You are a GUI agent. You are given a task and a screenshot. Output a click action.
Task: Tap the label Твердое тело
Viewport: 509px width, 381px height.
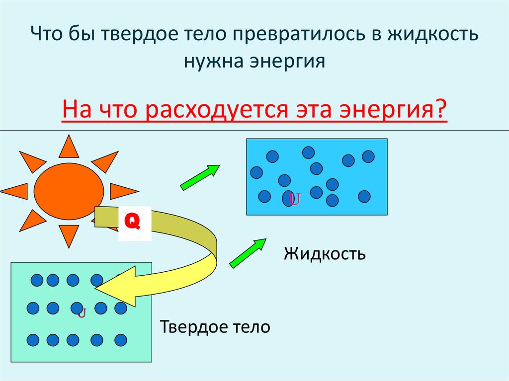click(x=215, y=327)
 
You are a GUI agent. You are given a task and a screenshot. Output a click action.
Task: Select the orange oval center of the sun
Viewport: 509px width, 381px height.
click(x=69, y=190)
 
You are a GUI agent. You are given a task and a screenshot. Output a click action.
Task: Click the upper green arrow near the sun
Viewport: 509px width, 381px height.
click(x=200, y=177)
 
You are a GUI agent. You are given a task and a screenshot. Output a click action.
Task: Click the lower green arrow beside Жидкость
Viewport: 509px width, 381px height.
click(x=248, y=253)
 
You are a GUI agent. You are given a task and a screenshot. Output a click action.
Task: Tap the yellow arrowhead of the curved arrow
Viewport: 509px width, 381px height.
click(x=119, y=287)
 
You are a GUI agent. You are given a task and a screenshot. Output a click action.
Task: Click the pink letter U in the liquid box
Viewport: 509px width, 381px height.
click(x=295, y=200)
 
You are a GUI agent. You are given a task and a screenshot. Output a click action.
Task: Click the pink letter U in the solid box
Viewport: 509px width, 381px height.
click(x=82, y=313)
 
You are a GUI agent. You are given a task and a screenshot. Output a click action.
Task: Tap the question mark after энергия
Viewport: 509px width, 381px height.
click(x=441, y=110)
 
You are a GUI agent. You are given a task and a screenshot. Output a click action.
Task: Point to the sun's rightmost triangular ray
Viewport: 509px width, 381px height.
click(x=123, y=191)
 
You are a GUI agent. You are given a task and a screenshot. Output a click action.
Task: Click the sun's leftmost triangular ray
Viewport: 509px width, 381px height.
click(x=14, y=191)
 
